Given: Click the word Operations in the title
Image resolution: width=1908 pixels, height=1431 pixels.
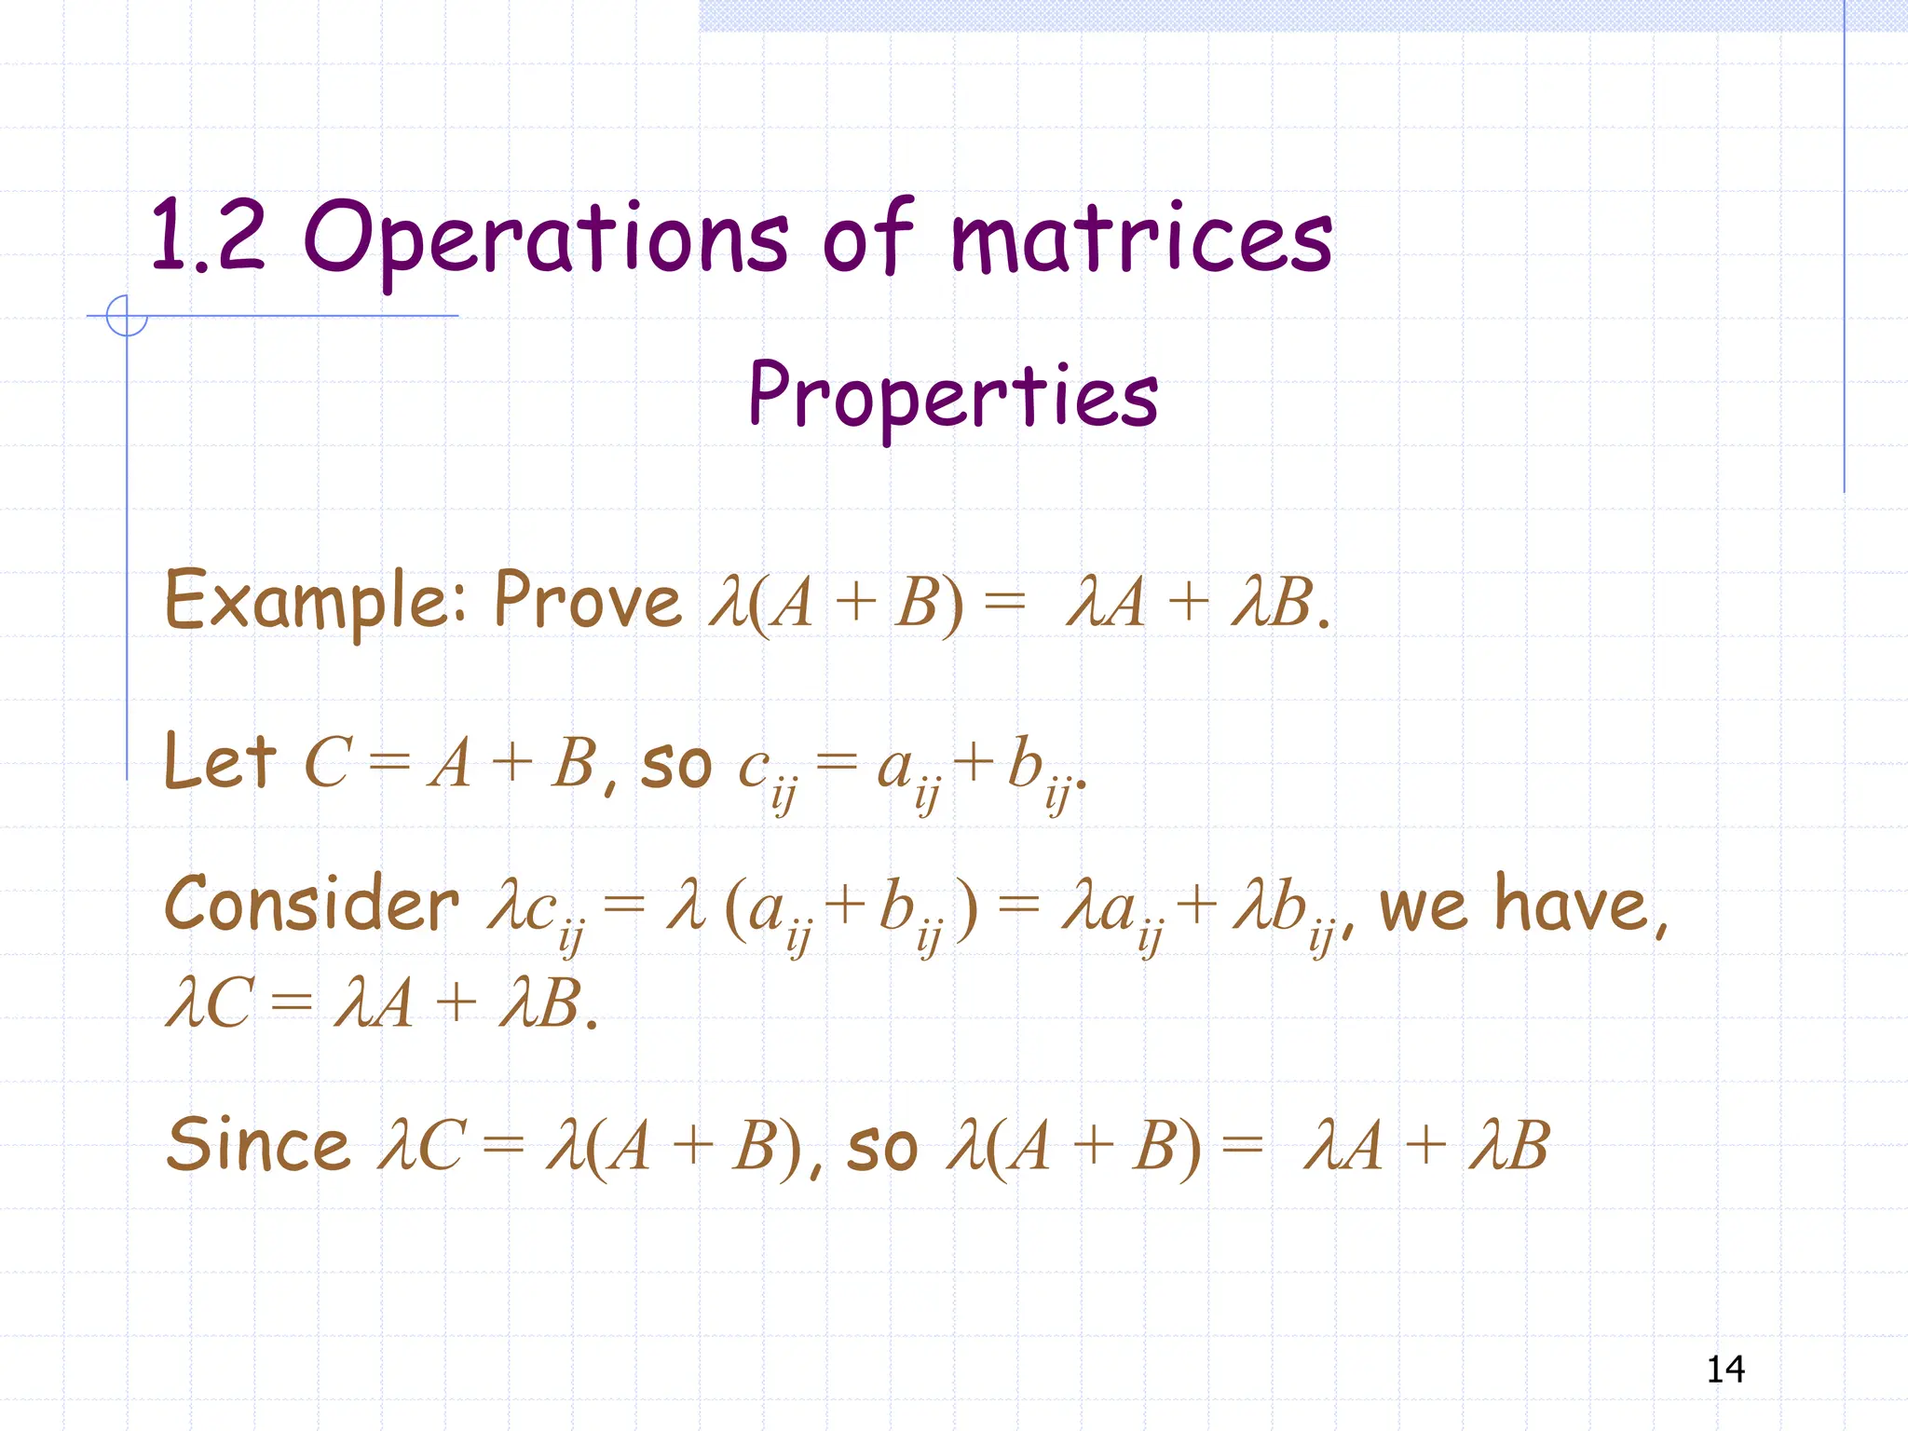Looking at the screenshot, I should click(x=546, y=238).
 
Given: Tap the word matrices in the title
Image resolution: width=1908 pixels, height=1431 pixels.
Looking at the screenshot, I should click(x=1141, y=238).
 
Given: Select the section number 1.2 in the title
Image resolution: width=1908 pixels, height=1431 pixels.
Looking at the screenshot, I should click(x=207, y=237).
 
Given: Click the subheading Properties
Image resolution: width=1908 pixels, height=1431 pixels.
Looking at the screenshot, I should click(x=953, y=397).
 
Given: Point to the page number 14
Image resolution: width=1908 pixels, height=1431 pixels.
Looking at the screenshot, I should click(x=1725, y=1369).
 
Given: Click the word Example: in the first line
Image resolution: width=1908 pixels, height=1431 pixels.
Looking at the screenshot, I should click(x=316, y=601).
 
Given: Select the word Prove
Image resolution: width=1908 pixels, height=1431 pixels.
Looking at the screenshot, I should click(x=588, y=601).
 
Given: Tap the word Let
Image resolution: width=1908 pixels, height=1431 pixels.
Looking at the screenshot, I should click(x=220, y=762).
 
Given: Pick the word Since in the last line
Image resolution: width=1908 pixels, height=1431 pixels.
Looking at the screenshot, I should click(x=258, y=1145).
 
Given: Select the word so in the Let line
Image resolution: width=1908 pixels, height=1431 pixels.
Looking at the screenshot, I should click(x=675, y=767).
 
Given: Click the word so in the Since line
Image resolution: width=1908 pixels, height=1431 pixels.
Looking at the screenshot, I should click(x=881, y=1150).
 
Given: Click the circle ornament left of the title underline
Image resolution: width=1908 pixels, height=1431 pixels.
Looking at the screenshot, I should click(x=127, y=316).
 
